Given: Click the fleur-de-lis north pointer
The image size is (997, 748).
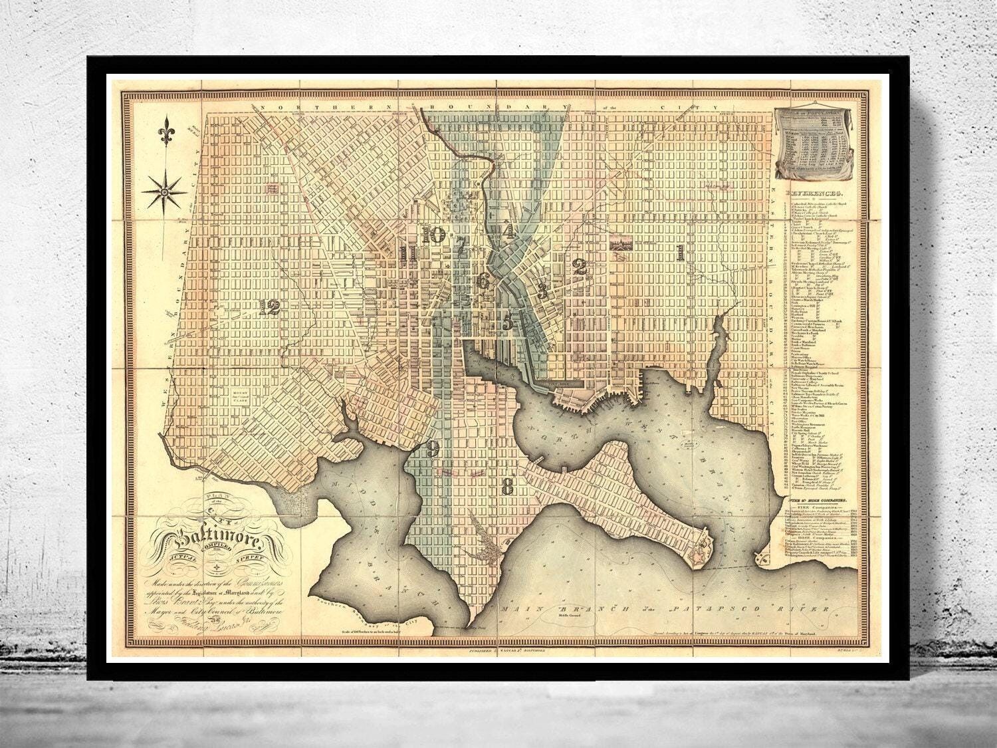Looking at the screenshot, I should pyautogui.click(x=166, y=132).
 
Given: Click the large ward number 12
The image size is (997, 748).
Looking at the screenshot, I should pyautogui.click(x=270, y=307).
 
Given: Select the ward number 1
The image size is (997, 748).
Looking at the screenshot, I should pyautogui.click(x=679, y=253).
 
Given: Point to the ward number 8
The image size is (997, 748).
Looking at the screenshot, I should pyautogui.click(x=508, y=487).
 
